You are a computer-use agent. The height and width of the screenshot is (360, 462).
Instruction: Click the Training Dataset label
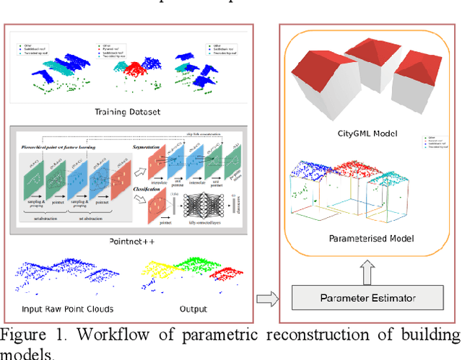[127, 112]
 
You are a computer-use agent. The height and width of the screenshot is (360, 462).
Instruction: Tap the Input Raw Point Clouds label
[74, 310]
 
